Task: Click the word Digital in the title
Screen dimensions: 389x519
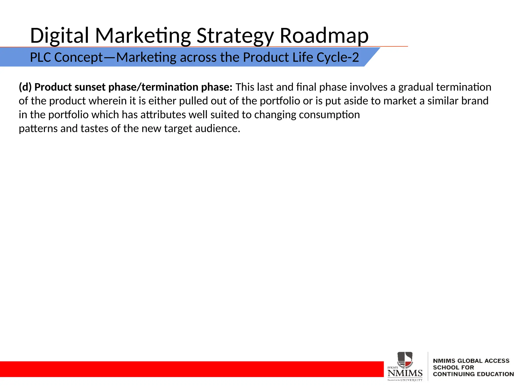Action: coord(59,35)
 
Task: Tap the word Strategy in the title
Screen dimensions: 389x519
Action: coord(235,35)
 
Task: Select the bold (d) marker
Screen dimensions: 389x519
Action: coord(25,87)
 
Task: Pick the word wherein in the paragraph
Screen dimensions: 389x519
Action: coord(108,101)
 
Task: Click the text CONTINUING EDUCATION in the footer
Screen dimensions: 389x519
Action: coord(473,374)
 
